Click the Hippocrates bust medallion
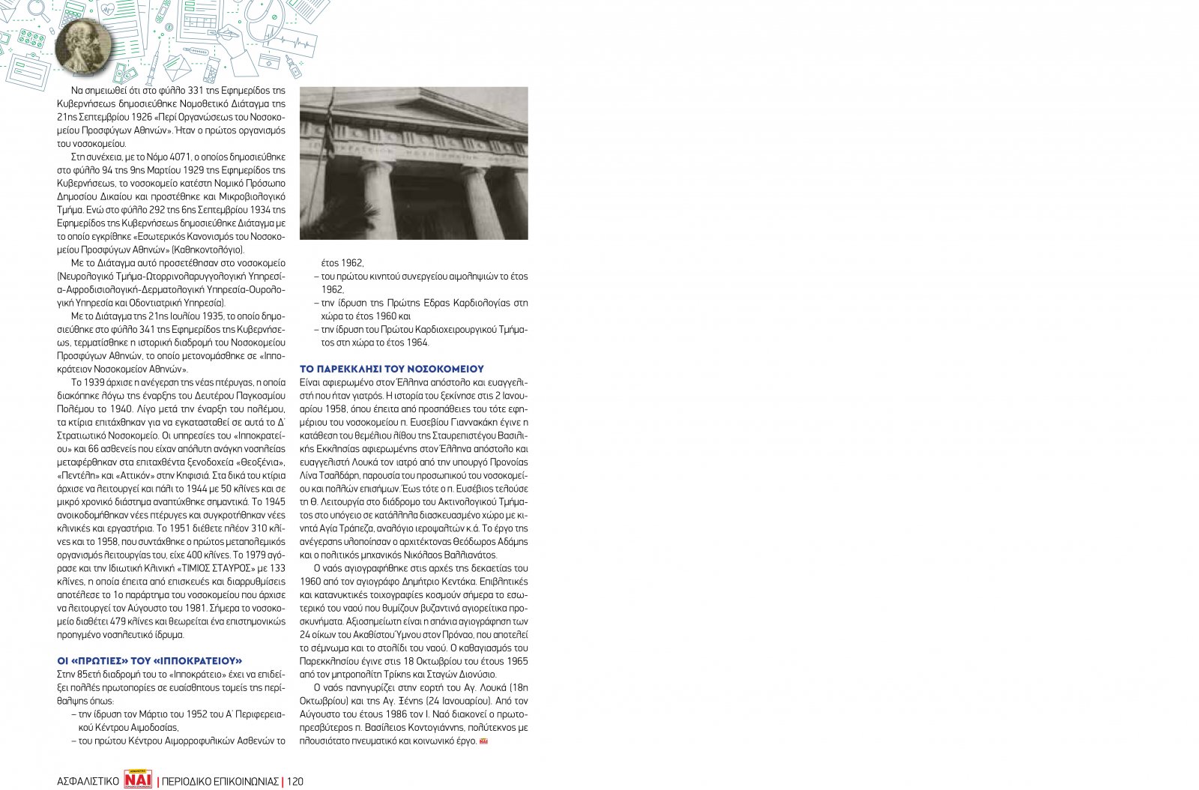tap(82, 46)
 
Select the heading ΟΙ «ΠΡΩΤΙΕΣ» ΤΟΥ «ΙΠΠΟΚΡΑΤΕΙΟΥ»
tap(150, 660)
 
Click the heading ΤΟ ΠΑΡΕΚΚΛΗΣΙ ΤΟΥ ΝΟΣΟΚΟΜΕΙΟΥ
tap(392, 369)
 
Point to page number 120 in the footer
tap(295, 781)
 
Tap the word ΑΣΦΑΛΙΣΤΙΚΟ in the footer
tap(88, 781)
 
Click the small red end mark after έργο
tap(484, 741)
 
